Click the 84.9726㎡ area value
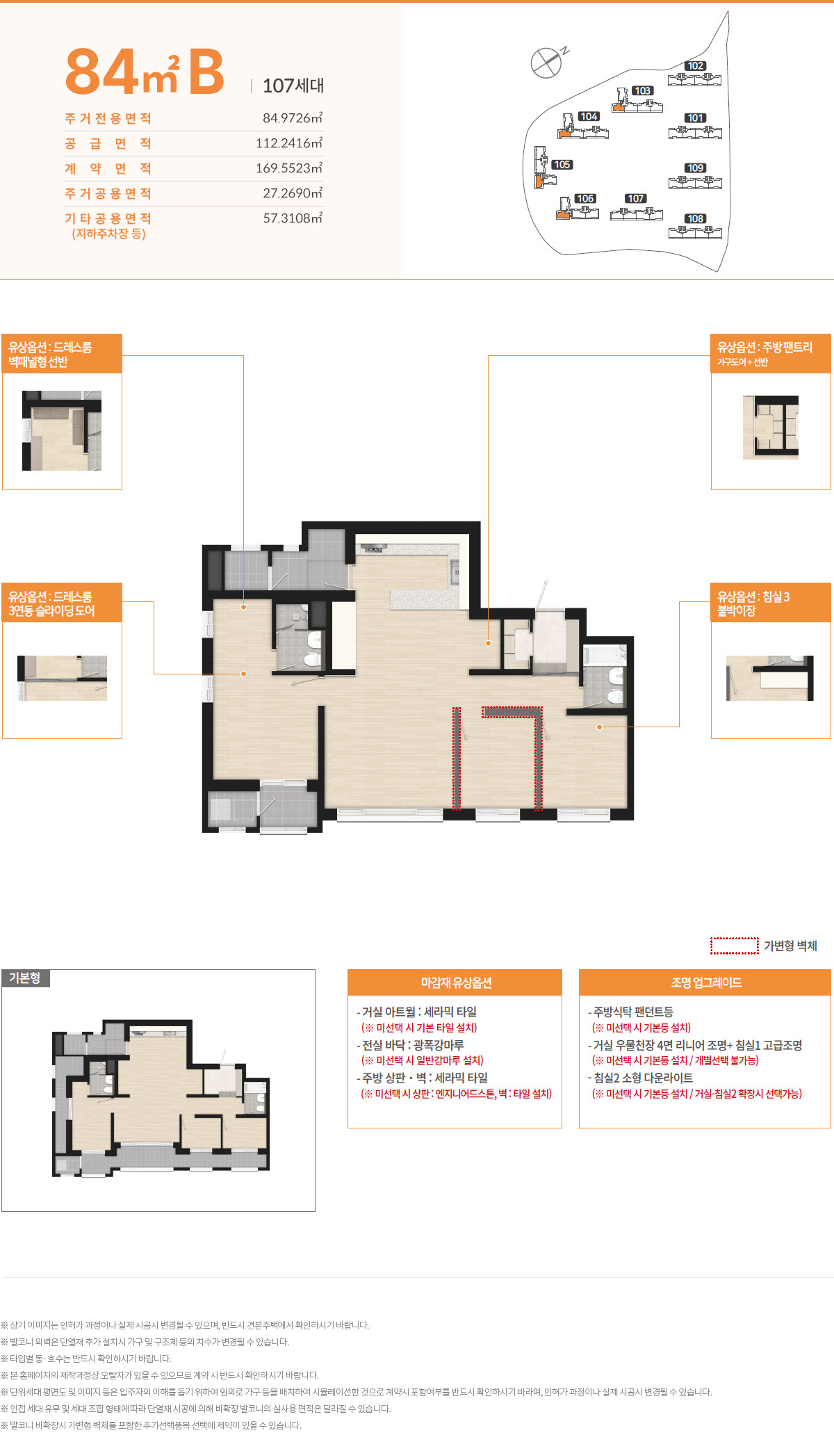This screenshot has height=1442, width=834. click(x=293, y=118)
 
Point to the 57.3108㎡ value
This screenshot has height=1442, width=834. click(x=293, y=218)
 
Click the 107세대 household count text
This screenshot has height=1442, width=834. click(x=293, y=86)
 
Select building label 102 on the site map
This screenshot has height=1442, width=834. click(x=695, y=66)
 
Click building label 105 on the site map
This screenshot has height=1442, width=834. click(x=562, y=165)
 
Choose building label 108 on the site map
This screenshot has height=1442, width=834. click(x=695, y=218)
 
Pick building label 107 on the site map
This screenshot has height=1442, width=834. click(x=635, y=199)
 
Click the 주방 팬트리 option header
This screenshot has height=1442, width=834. click(x=771, y=353)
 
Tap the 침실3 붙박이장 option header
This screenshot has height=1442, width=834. click(x=771, y=603)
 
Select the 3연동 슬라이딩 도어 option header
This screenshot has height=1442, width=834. click(x=62, y=603)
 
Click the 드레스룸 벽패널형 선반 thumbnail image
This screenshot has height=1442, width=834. click(x=62, y=430)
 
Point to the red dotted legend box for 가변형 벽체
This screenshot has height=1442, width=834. click(x=734, y=946)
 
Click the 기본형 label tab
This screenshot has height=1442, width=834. click(x=25, y=978)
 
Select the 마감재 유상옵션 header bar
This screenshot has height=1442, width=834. click(x=455, y=982)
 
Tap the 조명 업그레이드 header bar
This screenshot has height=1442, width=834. click(x=705, y=982)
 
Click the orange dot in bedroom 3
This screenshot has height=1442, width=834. click(x=599, y=727)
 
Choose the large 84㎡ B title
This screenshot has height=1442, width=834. click(x=145, y=72)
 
